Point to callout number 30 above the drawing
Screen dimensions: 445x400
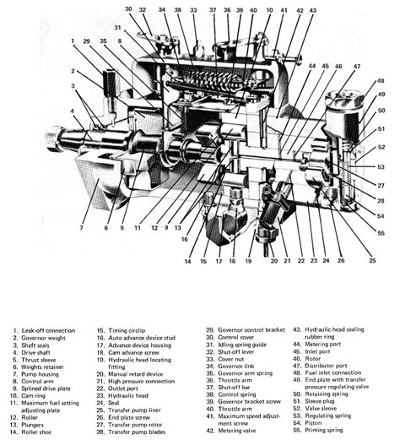pyautogui.click(x=128, y=9)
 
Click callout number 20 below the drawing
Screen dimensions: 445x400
pyautogui.click(x=273, y=261)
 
